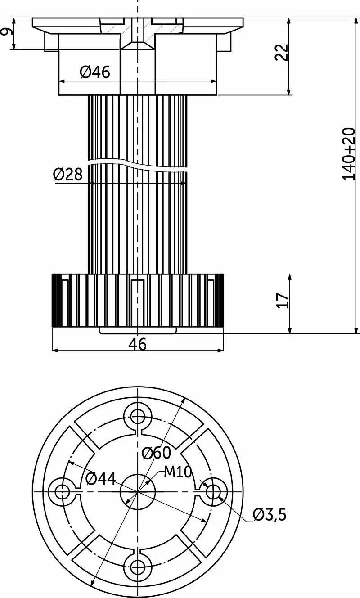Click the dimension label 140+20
(x=349, y=154)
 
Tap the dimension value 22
(x=282, y=52)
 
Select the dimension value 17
(x=283, y=301)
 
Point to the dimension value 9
(x=7, y=31)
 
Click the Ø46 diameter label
(x=95, y=72)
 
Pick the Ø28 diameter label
(x=68, y=174)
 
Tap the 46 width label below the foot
(x=138, y=344)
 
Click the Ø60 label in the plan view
(x=157, y=453)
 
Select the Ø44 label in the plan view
(x=101, y=479)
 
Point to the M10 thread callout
(x=178, y=472)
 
